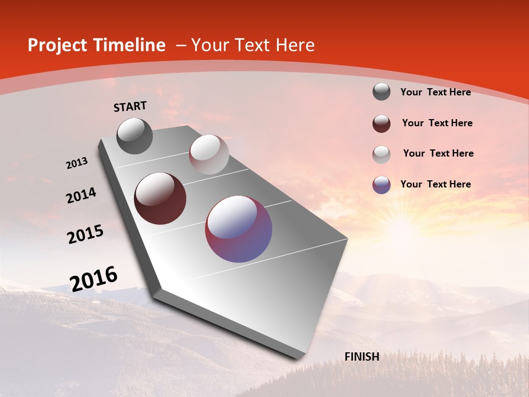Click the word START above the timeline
(130, 106)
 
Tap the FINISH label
(361, 357)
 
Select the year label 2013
(77, 163)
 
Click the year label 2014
(82, 195)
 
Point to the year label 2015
(85, 234)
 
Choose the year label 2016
(94, 278)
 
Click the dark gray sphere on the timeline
(134, 136)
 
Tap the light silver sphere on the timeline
(209, 154)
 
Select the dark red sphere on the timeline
(160, 198)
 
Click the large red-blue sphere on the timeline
(239, 229)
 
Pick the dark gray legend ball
(381, 92)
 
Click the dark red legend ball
(381, 124)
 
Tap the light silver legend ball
(381, 154)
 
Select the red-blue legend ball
(381, 185)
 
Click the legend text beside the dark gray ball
(435, 92)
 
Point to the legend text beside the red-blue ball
(435, 184)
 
